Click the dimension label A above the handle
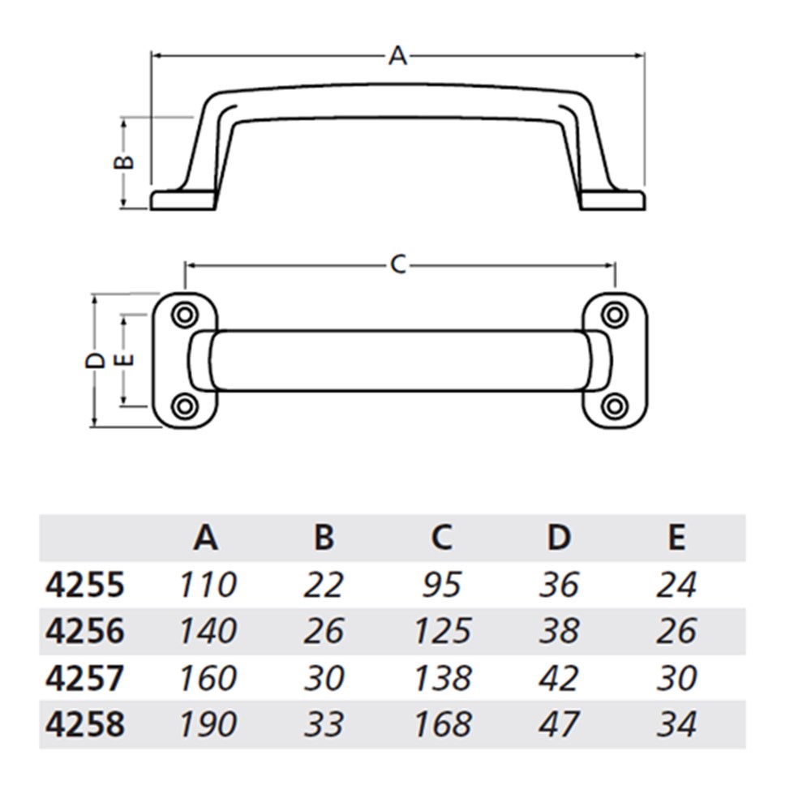click(397, 56)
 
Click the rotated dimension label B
click(122, 162)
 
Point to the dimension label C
click(397, 264)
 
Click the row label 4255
click(84, 585)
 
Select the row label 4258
click(84, 724)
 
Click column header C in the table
click(441, 537)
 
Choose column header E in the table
click(676, 537)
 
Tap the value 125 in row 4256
click(441, 631)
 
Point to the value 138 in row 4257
click(441, 678)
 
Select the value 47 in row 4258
click(559, 724)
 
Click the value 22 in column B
click(324, 585)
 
